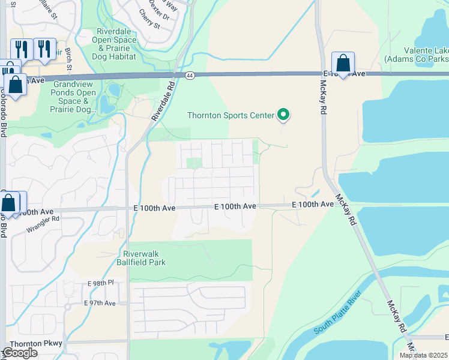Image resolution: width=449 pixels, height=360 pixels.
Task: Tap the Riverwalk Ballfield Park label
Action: tap(144, 258)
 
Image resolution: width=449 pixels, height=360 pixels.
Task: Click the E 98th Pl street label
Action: tap(100, 283)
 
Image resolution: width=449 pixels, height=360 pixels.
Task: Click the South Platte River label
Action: tap(337, 313)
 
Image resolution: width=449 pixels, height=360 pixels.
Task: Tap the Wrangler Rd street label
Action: tap(43, 224)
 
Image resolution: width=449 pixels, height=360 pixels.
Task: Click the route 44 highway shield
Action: tap(190, 76)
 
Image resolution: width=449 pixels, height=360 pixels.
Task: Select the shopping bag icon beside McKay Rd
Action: tap(343, 63)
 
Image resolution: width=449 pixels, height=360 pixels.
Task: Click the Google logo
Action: tap(20, 353)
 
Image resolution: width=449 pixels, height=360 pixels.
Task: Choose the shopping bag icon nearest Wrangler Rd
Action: tap(9, 203)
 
